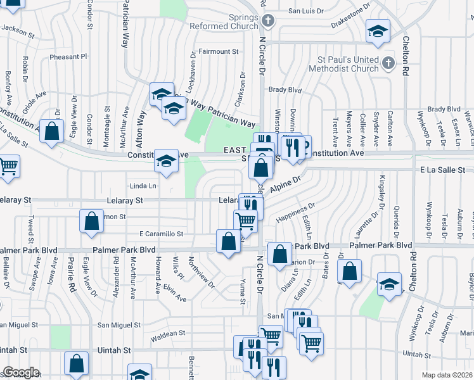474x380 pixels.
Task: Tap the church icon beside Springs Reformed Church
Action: [x=267, y=22]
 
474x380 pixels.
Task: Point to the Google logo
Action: [x=21, y=372]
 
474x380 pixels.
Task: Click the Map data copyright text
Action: [x=447, y=375]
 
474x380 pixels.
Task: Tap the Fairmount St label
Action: [x=218, y=51]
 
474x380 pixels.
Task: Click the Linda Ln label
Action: [x=143, y=186]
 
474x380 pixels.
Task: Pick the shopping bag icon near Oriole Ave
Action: [x=52, y=131]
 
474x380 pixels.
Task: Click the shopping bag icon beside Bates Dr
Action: [x=349, y=270]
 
